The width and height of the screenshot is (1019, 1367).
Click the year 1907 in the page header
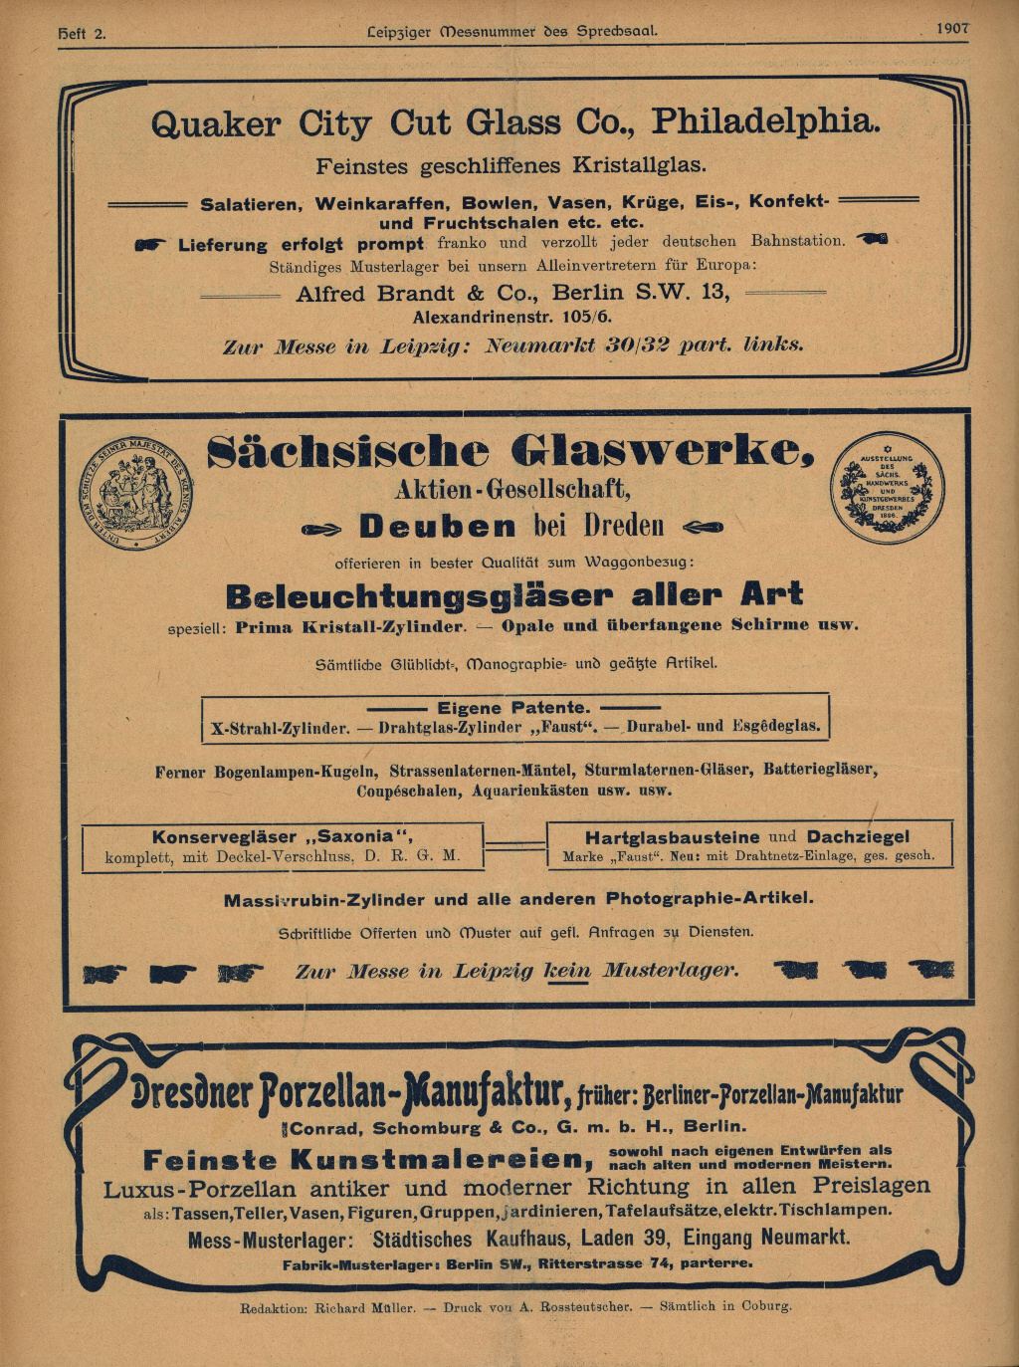point(951,29)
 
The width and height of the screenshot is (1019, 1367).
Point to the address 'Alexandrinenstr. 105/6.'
point(512,318)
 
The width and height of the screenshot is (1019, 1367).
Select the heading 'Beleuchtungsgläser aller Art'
point(513,596)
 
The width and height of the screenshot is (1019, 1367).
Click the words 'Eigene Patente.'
point(513,707)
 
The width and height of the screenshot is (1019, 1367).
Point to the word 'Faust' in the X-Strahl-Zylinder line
point(565,727)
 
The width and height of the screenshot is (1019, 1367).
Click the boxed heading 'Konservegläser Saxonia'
point(282,836)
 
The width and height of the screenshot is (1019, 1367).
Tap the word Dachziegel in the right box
point(858,837)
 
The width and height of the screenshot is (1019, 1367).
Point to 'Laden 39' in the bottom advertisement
point(625,1239)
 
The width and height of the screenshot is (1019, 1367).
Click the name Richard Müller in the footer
point(364,1307)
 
